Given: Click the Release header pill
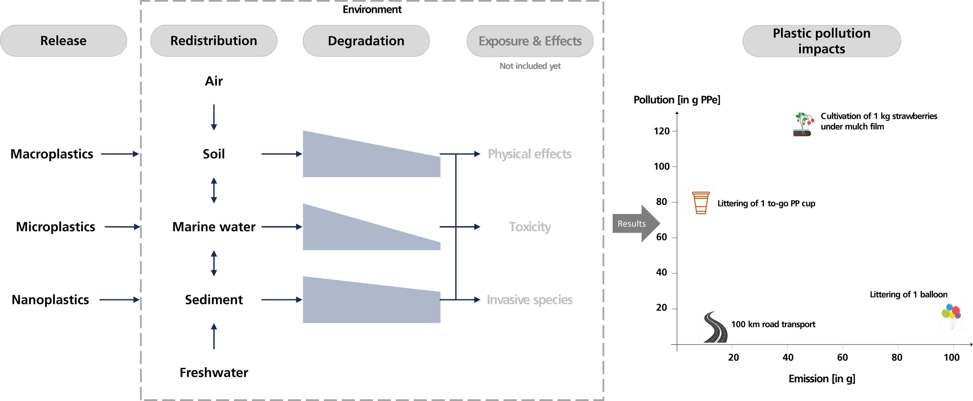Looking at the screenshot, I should point(63,41).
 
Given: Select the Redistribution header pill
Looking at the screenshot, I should point(214,41).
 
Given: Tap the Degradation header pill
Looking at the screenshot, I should point(366,41).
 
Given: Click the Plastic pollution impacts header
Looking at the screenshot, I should point(821,41).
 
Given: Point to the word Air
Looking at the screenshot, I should point(214,81).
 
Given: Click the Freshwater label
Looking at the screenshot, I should point(214,373).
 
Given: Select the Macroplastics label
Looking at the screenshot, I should point(52,154).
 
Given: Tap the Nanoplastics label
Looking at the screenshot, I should point(50,300).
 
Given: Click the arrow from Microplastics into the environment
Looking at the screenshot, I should point(122,227).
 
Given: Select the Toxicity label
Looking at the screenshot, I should point(530,227).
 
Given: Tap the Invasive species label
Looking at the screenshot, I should point(530,300).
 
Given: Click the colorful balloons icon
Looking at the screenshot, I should point(951,316).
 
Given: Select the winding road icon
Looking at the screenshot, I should point(713,327).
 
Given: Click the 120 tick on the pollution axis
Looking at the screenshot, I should point(662,131).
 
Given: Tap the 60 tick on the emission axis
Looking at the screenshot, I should point(842,357).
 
